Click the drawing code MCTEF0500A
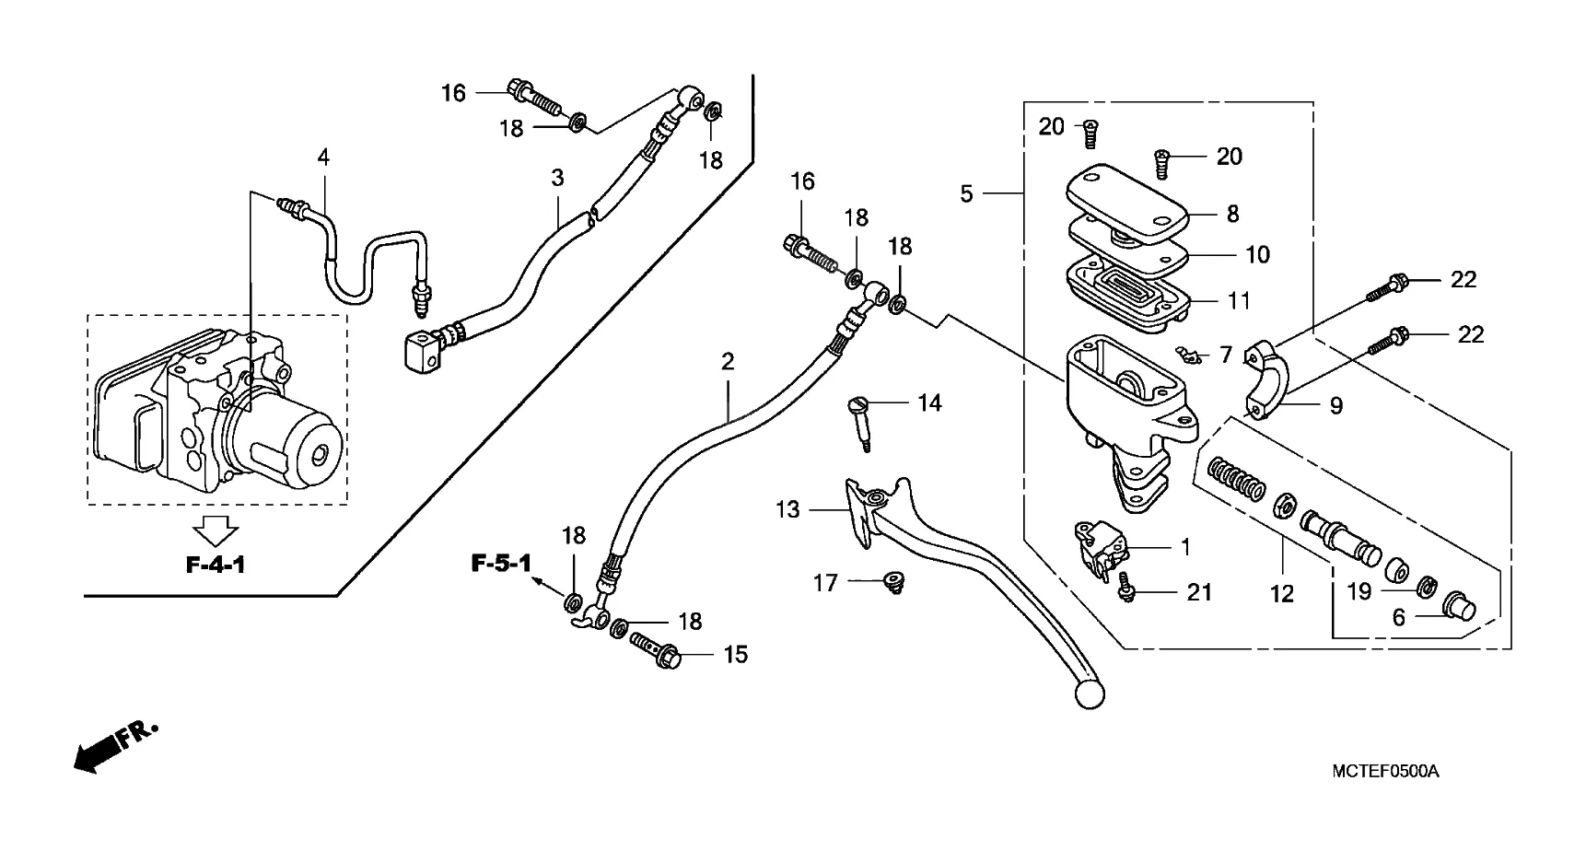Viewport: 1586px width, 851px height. pos(1384,771)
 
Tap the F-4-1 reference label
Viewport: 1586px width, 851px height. pos(216,565)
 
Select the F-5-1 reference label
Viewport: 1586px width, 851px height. pos(501,563)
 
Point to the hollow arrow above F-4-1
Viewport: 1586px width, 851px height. pos(216,531)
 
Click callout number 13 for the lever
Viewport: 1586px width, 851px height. pos(788,509)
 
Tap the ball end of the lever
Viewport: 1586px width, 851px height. pos(1088,693)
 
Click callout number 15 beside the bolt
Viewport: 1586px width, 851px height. pos(736,654)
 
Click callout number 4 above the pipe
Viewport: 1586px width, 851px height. pos(323,157)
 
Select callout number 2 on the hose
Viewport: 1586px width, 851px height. pos(728,362)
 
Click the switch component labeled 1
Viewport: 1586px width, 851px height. pos(1097,548)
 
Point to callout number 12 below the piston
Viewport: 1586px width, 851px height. pos(1282,594)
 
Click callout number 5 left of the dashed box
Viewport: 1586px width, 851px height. pos(966,193)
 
